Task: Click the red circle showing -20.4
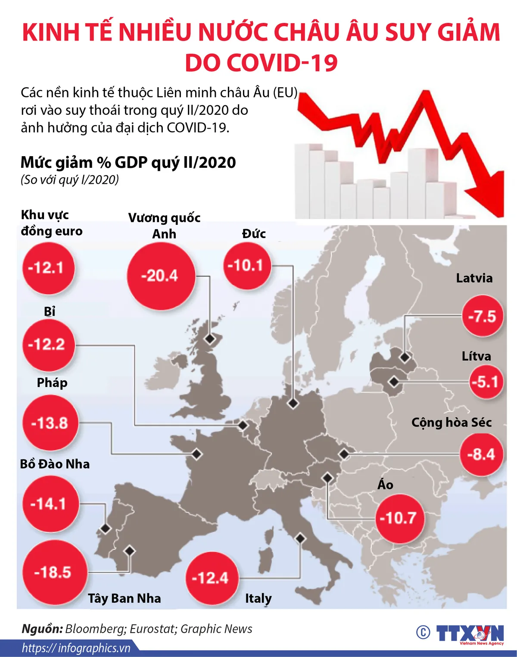pos(161,276)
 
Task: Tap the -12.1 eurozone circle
pos(48,268)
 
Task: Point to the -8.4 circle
pos(482,454)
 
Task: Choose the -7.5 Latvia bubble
pos(483,316)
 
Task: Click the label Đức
pos(254,234)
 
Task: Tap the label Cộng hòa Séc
pos(452,422)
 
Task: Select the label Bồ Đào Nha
pos(55,464)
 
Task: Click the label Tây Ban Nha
pos(125,598)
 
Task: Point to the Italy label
pos(258,598)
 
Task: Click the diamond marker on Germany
pos(293,404)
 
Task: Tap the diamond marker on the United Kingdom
pos(210,339)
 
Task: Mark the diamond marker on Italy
pos(300,538)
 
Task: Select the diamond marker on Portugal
pos(105,528)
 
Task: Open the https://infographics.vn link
pos(76,648)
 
